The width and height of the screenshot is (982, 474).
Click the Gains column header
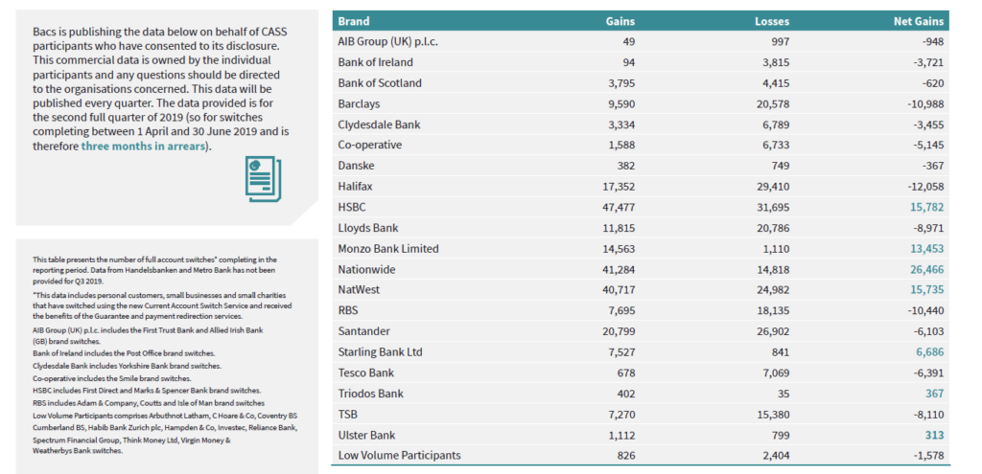(x=620, y=21)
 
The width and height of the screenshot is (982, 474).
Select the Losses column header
(x=772, y=21)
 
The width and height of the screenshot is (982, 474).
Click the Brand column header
(x=354, y=21)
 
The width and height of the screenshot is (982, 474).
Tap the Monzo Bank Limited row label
(x=388, y=249)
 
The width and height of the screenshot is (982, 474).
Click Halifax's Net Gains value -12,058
(x=922, y=187)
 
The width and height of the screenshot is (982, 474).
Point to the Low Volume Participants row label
(x=399, y=455)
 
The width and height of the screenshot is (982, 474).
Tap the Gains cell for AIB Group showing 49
(x=628, y=41)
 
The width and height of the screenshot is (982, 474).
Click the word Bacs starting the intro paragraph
(x=46, y=32)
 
